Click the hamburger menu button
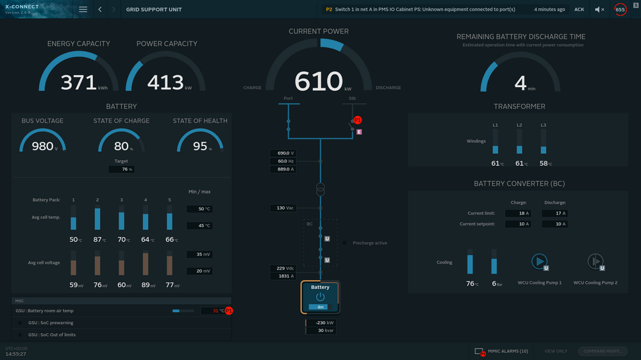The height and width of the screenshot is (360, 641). tap(83, 10)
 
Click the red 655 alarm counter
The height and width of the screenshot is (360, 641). tap(620, 10)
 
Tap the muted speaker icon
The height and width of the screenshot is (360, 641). tap(599, 10)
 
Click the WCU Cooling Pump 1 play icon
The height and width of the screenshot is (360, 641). tap(540, 261)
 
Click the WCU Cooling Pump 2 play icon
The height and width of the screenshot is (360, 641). tap(595, 261)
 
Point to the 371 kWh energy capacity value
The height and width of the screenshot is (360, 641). tap(78, 82)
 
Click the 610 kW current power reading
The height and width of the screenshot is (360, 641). tap(319, 82)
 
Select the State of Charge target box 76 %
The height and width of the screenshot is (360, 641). tap(121, 169)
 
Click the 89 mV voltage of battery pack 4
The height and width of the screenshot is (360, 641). tap(146, 285)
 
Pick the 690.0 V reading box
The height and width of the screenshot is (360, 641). tap(283, 153)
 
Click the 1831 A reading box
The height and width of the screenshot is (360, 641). tap(283, 276)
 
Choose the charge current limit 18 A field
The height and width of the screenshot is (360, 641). tap(518, 213)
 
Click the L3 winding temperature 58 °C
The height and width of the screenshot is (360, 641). tap(543, 163)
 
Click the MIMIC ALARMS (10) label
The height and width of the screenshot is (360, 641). tap(508, 351)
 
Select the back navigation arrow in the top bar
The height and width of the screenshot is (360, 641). tap(100, 10)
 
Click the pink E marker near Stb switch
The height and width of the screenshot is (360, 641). tap(359, 131)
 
